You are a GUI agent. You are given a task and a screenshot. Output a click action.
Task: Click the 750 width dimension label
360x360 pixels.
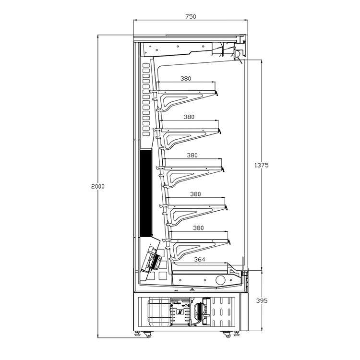pyautogui.click(x=191, y=16)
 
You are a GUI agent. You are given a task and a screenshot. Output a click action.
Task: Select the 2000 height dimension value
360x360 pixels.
pyautogui.click(x=98, y=186)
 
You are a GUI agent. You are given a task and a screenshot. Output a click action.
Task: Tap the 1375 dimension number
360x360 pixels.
pyautogui.click(x=262, y=165)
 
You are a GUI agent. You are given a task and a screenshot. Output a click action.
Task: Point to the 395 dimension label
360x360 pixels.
pyautogui.click(x=262, y=300)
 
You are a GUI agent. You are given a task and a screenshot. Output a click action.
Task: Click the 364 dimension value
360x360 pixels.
pyautogui.click(x=200, y=259)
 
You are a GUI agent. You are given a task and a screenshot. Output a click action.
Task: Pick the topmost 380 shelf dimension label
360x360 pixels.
pyautogui.click(x=185, y=79)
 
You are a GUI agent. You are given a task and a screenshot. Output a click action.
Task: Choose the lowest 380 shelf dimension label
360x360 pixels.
pyautogui.click(x=198, y=228)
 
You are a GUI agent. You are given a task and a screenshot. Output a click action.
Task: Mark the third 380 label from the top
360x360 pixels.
pyautogui.click(x=192, y=156)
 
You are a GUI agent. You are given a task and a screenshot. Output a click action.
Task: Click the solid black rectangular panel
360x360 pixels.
pyautogui.click(x=146, y=193)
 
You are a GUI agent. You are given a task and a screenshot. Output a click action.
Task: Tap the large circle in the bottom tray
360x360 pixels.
pyautogui.click(x=221, y=280)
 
